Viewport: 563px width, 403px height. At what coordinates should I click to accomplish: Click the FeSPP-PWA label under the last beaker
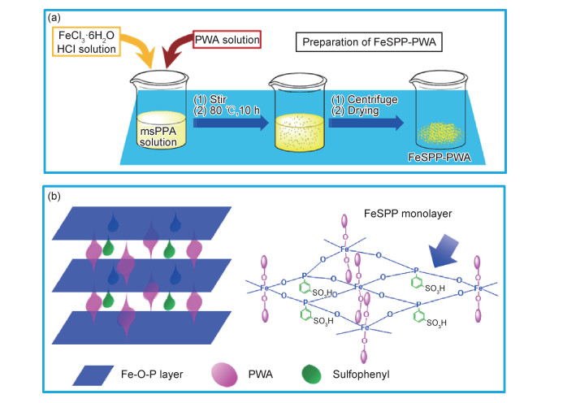(452, 159)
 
